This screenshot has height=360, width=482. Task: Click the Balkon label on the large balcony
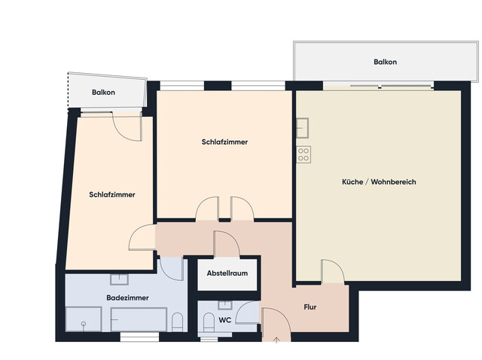[385, 62]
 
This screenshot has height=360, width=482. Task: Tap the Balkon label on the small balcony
[103, 93]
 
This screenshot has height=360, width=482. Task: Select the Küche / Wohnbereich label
[379, 182]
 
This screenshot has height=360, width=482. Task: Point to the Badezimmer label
[127, 297]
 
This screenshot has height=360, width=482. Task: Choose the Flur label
[310, 307]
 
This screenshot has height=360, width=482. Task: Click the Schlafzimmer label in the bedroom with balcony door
[111, 194]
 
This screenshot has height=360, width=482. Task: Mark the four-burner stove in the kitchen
[304, 154]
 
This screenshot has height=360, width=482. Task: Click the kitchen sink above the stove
[304, 129]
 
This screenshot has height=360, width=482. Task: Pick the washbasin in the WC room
[224, 305]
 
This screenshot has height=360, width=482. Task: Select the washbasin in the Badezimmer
[119, 279]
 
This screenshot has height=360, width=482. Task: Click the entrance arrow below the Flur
[276, 340]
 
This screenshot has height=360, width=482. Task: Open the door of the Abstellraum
[227, 245]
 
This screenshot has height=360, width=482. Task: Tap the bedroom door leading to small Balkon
[128, 125]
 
